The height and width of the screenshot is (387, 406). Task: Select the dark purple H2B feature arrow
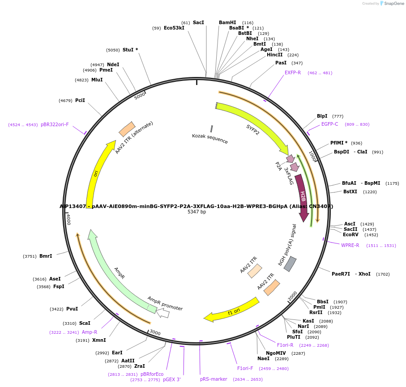(303, 197)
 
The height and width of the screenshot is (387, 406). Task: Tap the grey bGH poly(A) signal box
(290, 264)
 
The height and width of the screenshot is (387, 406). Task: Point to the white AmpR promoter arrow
(163, 313)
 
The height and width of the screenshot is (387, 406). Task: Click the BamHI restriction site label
(227, 22)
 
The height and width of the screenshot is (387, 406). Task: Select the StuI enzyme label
(130, 50)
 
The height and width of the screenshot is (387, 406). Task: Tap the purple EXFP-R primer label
(293, 72)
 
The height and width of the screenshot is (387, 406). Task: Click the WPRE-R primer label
(350, 245)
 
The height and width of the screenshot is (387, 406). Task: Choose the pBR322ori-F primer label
(55, 124)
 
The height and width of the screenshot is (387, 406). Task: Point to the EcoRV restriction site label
(351, 234)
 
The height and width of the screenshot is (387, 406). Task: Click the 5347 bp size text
(197, 212)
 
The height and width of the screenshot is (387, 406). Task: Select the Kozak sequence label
(209, 139)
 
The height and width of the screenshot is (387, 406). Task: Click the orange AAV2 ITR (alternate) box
(127, 129)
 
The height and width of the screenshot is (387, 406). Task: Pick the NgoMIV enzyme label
(273, 353)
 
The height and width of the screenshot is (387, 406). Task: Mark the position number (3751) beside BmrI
(30, 256)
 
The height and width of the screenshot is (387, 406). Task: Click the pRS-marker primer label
(214, 379)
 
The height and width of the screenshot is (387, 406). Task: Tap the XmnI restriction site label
(99, 340)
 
